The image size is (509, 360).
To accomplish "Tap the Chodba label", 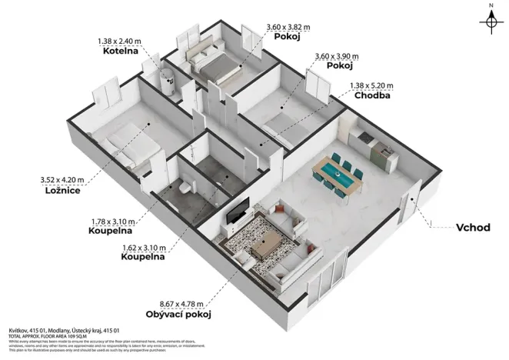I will click(371, 96).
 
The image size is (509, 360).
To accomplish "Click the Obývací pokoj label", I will click(178, 315).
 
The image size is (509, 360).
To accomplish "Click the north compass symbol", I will click(491, 21).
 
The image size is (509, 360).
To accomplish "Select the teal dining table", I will click(339, 172).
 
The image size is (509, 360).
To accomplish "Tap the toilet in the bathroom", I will click(184, 188).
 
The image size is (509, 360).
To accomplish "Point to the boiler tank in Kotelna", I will click(165, 78).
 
